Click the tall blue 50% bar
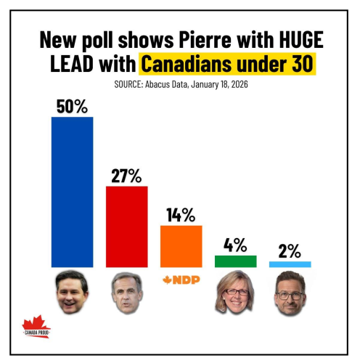(72, 192)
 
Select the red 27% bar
(127, 227)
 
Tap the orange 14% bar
(181, 246)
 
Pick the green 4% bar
(235, 261)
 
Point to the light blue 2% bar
(290, 264)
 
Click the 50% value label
(72, 105)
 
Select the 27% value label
(127, 175)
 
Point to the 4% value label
(235, 244)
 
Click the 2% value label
(290, 250)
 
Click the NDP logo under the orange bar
(181, 280)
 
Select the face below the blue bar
(71, 293)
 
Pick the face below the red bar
(126, 294)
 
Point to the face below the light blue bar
(290, 294)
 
